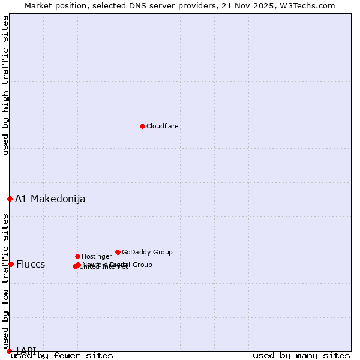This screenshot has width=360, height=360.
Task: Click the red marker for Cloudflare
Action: point(142,126)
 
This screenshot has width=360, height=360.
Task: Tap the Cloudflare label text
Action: point(163,127)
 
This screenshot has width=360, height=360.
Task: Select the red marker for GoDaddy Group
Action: point(118,252)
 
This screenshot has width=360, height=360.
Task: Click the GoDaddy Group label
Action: point(147,253)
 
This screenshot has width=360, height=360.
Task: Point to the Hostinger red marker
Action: point(77,256)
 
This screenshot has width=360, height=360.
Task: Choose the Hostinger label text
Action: point(97,257)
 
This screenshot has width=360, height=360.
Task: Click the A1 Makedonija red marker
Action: point(10,199)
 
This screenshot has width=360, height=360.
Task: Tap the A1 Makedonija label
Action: point(50,199)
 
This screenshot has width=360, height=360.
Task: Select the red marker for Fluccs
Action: point(11,264)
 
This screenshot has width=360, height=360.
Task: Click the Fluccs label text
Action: point(31,265)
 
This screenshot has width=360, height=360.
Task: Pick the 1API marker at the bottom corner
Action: point(9,350)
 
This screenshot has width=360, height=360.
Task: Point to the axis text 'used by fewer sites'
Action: point(62,356)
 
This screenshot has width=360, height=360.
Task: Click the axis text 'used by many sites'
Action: point(301,356)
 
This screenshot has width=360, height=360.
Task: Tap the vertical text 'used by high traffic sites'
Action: point(5,85)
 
